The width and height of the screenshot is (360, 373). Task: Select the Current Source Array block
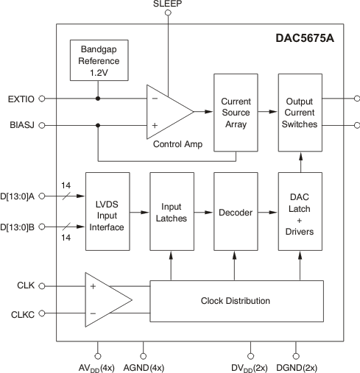pos(235,113)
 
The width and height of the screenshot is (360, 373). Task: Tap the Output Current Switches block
pos(300,113)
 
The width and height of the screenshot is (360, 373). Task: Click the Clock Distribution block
pos(235,300)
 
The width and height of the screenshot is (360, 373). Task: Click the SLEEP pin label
pos(168,5)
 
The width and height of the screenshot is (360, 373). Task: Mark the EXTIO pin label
pos(20,98)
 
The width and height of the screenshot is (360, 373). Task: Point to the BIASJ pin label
pos(21,126)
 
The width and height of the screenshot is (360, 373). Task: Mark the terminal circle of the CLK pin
pos(41,285)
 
